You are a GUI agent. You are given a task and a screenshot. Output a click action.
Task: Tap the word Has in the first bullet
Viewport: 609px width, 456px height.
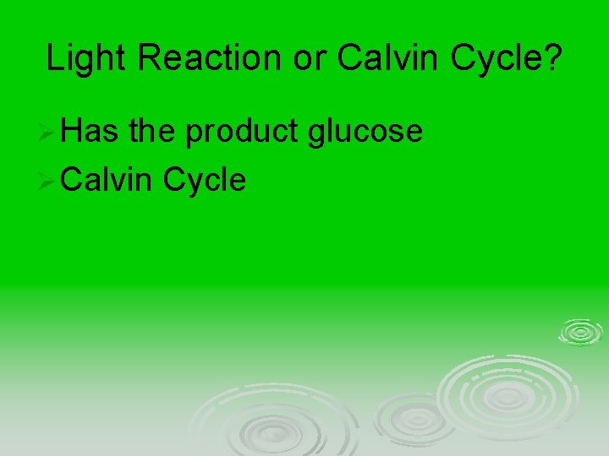point(91,131)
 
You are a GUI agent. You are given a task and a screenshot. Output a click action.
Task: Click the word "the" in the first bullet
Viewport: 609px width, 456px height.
point(153,131)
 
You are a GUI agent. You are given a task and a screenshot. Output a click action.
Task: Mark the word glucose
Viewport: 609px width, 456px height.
point(365,133)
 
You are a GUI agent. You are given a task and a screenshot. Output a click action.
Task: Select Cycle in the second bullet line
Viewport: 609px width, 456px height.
point(205,179)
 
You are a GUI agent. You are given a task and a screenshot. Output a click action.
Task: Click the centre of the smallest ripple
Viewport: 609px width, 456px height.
point(579,332)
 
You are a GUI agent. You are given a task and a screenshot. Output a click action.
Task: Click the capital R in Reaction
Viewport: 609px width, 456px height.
point(145,58)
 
